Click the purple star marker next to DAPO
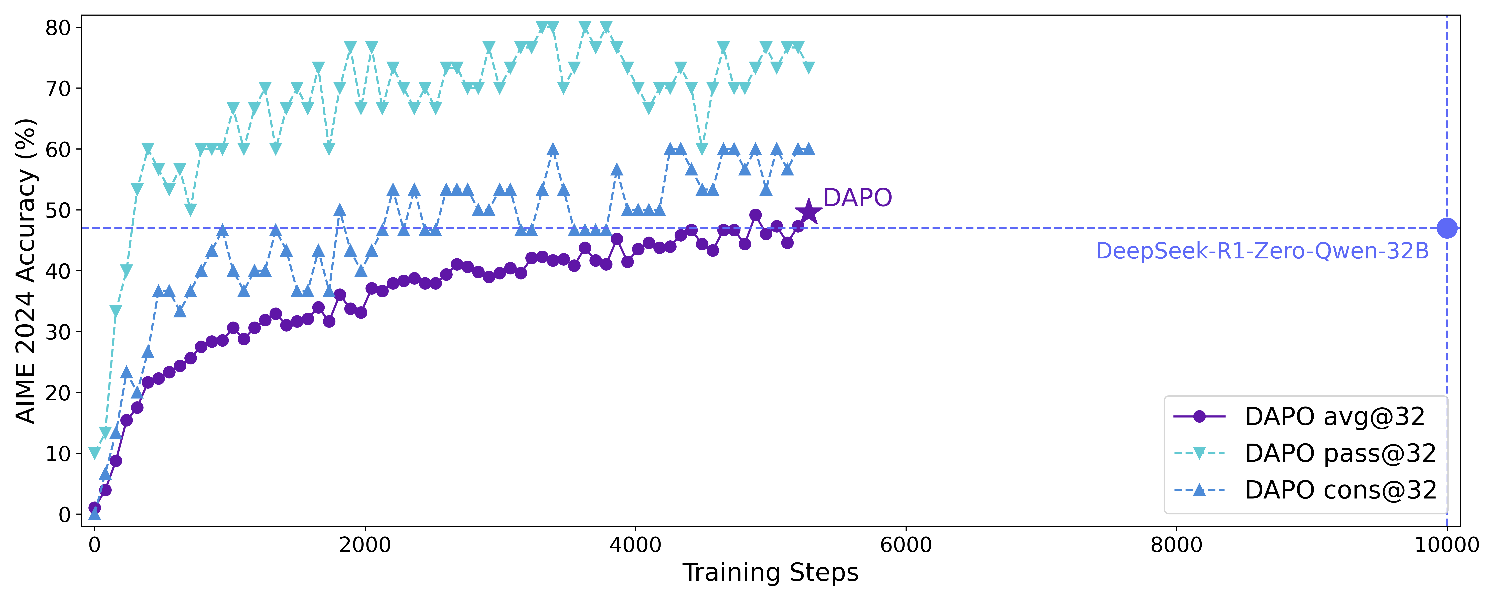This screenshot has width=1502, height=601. (808, 212)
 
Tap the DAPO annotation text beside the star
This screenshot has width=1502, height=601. (857, 198)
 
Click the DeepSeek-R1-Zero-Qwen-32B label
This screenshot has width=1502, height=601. (1262, 251)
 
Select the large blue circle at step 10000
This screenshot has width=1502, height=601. (1447, 228)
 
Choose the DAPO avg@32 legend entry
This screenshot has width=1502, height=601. (1334, 417)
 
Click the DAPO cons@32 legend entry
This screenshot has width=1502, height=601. (1340, 490)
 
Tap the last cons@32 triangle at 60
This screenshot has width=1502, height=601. (808, 149)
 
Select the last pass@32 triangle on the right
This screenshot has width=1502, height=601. (808, 68)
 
